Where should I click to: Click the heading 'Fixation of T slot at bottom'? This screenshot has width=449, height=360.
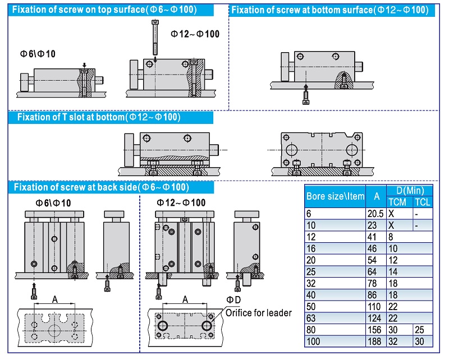coord(99,117)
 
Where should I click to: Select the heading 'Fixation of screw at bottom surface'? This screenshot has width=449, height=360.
coord(329,10)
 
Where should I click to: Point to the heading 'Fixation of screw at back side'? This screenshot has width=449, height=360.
coord(101,187)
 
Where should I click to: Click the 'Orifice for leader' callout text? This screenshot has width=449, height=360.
coord(259,312)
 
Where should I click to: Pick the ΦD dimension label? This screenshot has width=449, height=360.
coord(233,300)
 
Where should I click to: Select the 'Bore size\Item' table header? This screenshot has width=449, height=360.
coord(335,196)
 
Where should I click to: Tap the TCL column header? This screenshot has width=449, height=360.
coord(422,202)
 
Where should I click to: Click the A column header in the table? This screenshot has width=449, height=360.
coord(376,196)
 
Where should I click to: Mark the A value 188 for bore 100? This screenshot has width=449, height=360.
coord(374,341)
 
